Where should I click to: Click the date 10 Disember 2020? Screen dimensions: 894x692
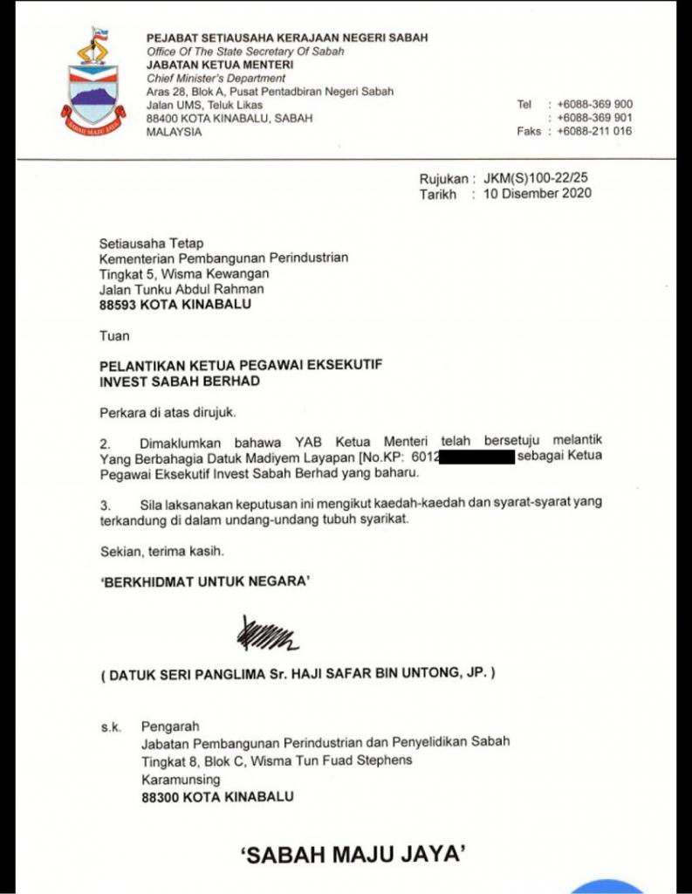point(537,194)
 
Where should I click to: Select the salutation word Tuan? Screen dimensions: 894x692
point(114,334)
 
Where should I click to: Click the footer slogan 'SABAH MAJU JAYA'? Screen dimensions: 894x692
point(349,855)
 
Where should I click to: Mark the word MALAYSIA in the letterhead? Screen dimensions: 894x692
point(174,132)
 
